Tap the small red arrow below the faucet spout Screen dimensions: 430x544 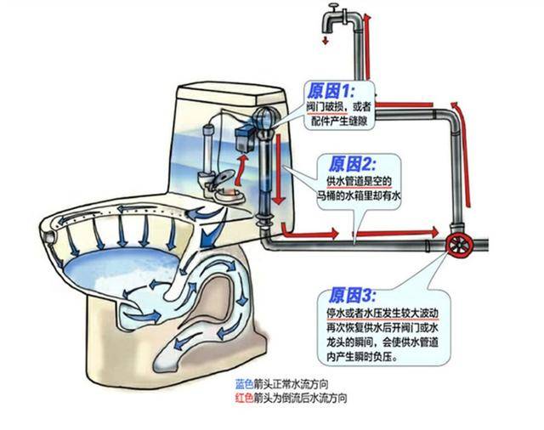tap(324, 40)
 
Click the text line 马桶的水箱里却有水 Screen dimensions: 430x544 tap(356, 195)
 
